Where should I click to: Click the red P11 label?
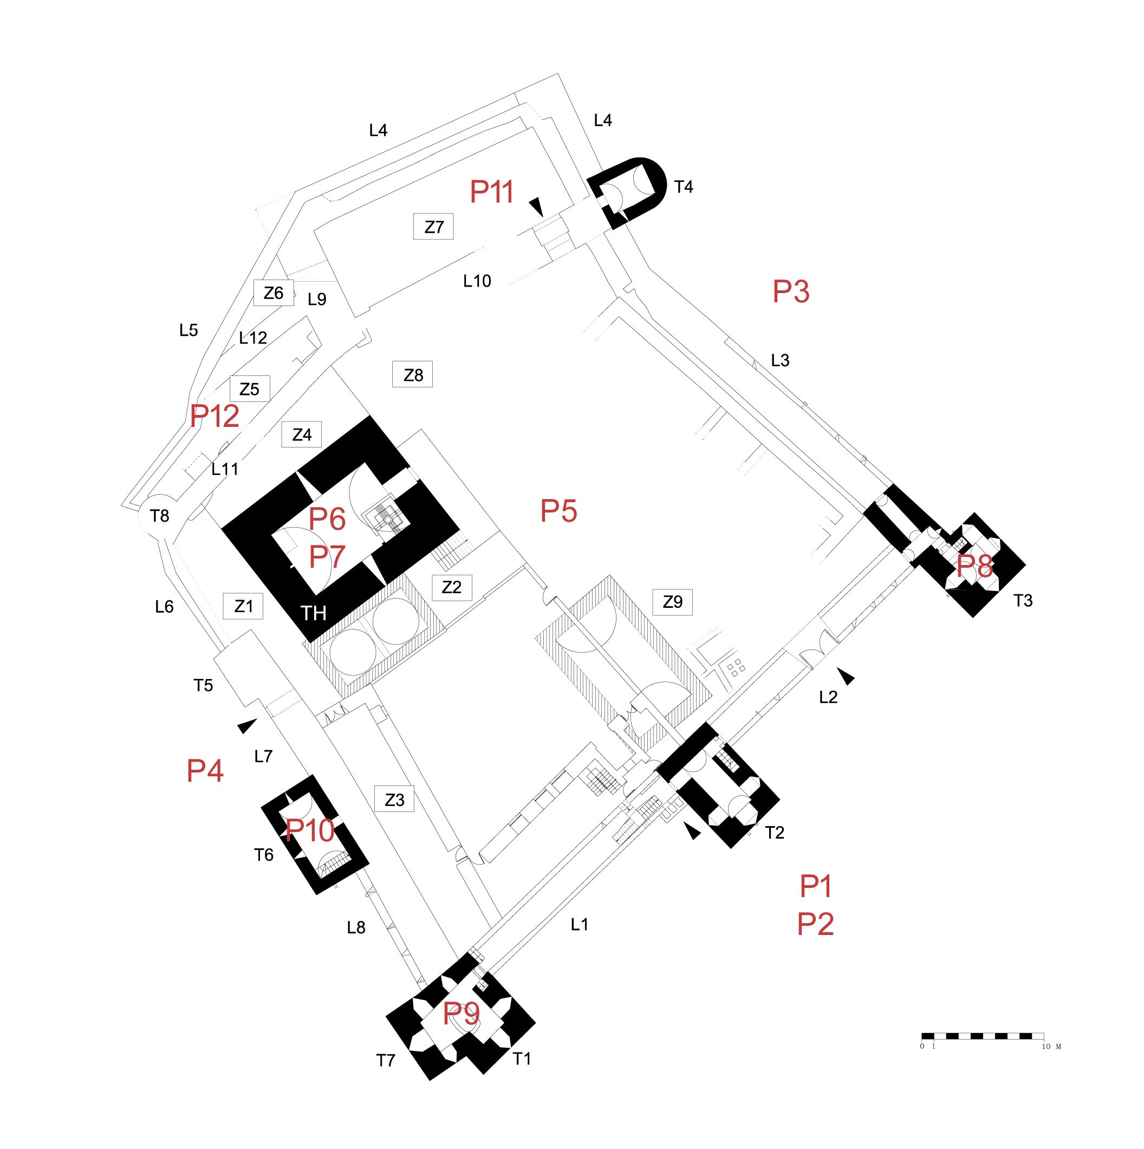click(x=492, y=192)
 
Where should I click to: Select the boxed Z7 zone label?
click(x=433, y=226)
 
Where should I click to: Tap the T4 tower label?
click(x=684, y=187)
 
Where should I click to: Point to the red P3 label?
click(x=791, y=291)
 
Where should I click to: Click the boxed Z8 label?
click(x=413, y=375)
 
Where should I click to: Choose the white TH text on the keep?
click(x=313, y=613)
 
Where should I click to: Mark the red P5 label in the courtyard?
click(x=558, y=511)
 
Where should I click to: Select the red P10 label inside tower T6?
click(x=310, y=830)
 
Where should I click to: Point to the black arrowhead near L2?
click(x=847, y=675)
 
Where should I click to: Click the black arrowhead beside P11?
click(x=537, y=206)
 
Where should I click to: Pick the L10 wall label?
click(x=477, y=281)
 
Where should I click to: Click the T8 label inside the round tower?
click(x=159, y=516)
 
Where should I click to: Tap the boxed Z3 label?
click(x=394, y=800)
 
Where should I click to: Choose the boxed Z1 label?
click(x=243, y=606)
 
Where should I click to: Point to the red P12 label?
click(x=214, y=416)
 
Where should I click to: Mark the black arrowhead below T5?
click(x=247, y=725)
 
